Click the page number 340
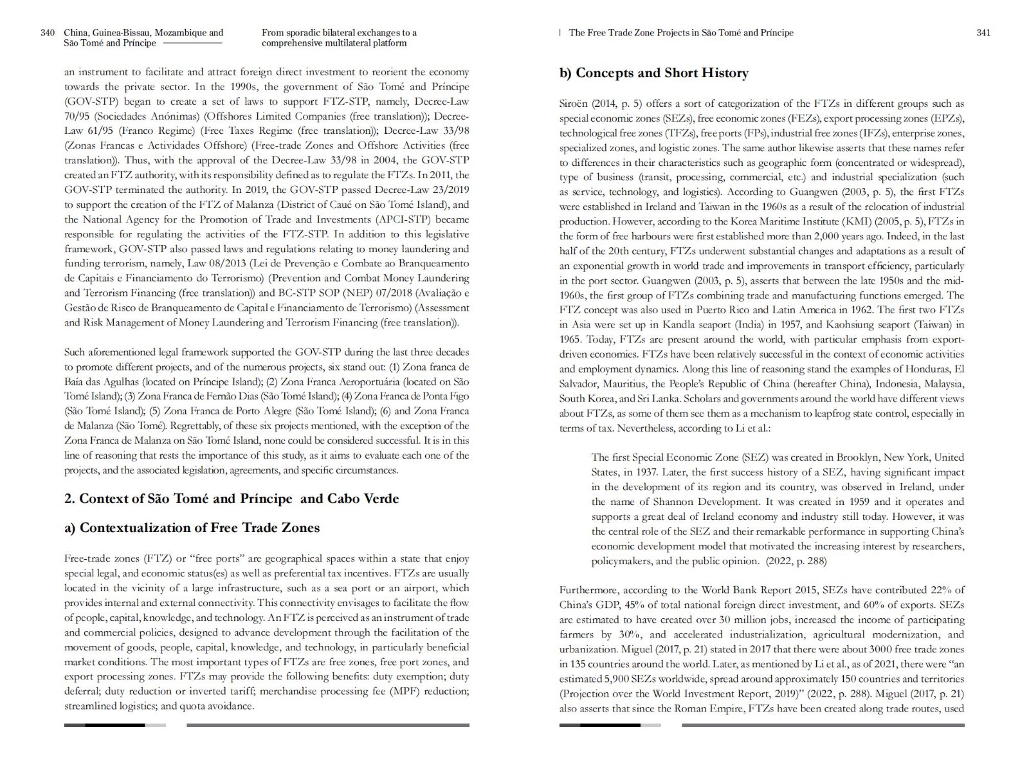(x=47, y=33)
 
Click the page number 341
(x=983, y=33)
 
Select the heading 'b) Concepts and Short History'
(x=653, y=73)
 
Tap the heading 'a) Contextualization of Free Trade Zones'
(x=192, y=528)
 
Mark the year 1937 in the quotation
(x=645, y=472)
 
